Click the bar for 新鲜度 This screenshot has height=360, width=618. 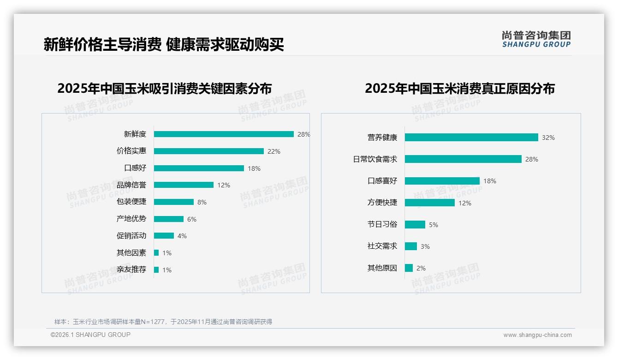coord(224,134)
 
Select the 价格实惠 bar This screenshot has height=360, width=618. coord(208,151)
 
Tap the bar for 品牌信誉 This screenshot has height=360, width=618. coord(184,185)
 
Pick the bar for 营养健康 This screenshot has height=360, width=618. coord(471,138)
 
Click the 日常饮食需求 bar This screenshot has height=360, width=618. coord(463,159)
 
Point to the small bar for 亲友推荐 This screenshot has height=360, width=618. coord(156,270)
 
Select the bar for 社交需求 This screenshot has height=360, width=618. coord(411,246)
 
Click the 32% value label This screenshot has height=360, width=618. coord(548,138)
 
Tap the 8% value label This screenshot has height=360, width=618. coord(202,202)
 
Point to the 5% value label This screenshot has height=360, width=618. coord(434,225)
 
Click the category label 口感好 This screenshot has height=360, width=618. coord(135,168)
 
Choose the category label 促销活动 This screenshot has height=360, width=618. coord(131,236)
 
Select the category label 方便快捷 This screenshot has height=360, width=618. coord(382,203)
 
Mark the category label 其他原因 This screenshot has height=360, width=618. coord(382,268)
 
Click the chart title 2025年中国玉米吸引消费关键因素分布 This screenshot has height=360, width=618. coord(165,88)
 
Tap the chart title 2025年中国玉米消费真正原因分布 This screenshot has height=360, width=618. coord(459,88)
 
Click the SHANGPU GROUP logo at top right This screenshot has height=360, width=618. coord(536,39)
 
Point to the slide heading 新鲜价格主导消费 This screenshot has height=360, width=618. coord(102,45)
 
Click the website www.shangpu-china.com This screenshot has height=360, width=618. coord(537,335)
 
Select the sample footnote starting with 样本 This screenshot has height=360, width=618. coord(163,322)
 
